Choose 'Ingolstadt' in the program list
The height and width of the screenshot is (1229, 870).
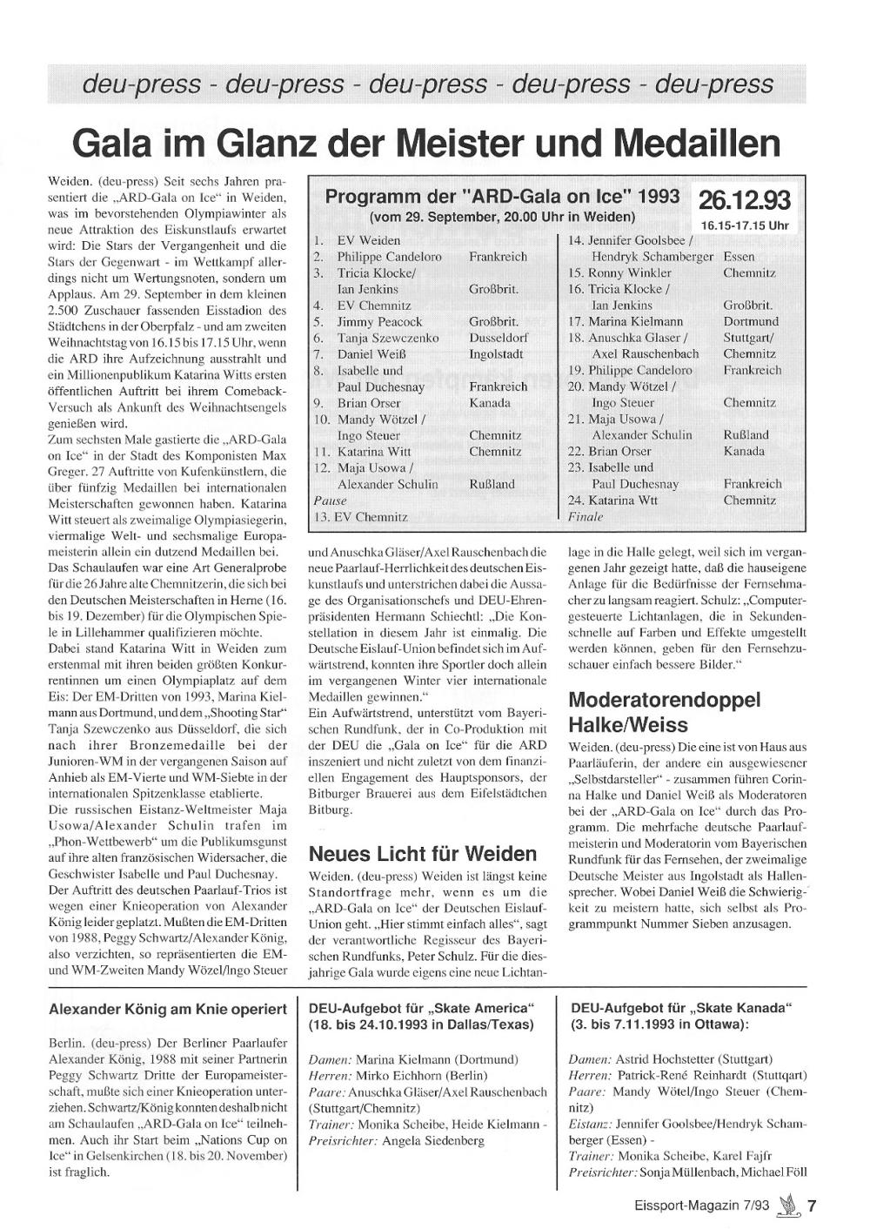496,354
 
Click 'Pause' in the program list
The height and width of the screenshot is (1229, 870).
330,500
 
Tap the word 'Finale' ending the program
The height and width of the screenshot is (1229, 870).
585,516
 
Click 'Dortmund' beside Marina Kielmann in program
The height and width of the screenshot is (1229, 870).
751,321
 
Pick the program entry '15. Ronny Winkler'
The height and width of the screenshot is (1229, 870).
619,272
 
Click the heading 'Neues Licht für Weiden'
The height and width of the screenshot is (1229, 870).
423,853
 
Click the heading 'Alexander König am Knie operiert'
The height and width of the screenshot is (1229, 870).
168,1010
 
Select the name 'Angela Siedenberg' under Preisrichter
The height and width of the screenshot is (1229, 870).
433,1140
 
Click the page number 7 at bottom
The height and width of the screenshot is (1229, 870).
811,1206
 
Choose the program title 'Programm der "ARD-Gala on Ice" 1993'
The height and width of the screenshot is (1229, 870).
503,198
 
